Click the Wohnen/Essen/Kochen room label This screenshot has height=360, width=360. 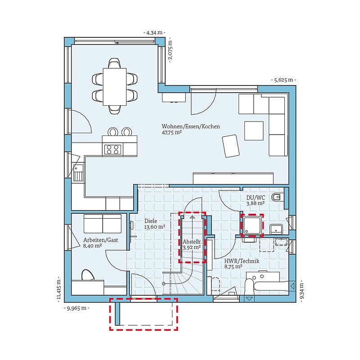190,126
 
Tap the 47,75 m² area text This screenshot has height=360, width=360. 172,132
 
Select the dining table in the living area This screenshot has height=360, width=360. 115,86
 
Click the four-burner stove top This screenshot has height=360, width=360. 112,149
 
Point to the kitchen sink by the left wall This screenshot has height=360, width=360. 78,172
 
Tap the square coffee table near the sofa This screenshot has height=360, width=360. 254,130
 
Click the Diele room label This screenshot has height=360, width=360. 151,221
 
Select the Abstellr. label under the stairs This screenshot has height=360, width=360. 192,242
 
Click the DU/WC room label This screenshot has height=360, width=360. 256,198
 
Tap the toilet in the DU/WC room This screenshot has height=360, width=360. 277,197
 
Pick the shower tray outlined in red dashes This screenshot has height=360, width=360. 252,225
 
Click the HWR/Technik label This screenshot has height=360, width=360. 242,261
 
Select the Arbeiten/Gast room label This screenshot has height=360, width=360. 100,240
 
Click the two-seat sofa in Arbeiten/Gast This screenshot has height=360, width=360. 103,224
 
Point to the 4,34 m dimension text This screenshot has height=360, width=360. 154,32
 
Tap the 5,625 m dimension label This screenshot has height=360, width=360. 283,80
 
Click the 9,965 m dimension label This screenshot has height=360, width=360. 76,308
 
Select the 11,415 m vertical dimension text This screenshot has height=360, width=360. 59,289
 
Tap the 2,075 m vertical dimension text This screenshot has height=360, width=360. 170,49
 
